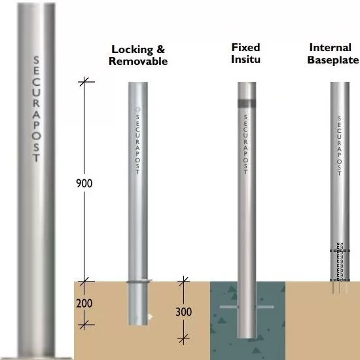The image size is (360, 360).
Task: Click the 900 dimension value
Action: [84, 183]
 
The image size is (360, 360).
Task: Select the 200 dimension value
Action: [84, 303]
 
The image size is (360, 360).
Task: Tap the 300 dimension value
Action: [184, 312]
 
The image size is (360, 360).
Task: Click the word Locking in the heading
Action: [132, 50]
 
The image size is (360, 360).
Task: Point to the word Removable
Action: [138, 61]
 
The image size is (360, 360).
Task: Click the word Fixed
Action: [245, 48]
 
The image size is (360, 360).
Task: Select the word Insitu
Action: [245, 59]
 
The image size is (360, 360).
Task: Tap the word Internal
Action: [331, 48]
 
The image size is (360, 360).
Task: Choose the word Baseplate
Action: [333, 60]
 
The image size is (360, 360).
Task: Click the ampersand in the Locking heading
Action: [161, 49]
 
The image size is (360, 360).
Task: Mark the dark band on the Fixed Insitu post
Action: [247, 103]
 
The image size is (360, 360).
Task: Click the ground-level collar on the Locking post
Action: [139, 281]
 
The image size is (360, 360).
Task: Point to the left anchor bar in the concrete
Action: [229, 307]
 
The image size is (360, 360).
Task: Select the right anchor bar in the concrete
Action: [264, 307]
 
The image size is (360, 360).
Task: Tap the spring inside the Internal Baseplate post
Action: [340, 262]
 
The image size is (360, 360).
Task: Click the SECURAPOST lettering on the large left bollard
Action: [36, 109]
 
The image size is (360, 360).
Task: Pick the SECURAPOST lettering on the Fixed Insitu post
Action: [245, 145]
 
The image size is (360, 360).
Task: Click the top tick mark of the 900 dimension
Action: [84, 82]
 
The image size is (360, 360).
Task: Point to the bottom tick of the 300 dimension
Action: [184, 338]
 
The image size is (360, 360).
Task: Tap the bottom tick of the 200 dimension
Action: [84, 325]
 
